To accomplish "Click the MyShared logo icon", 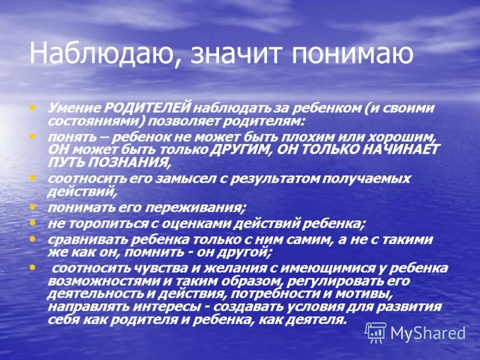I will pos(376,332).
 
